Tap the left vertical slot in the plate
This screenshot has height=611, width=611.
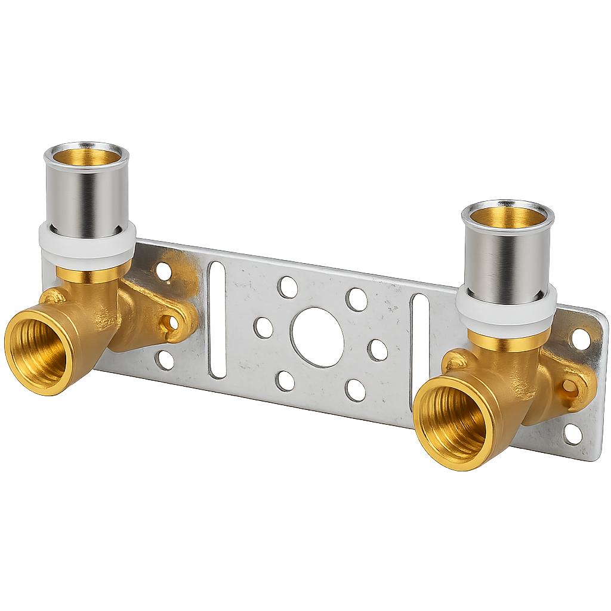click(x=217, y=319)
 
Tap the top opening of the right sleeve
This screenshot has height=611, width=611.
click(x=508, y=215)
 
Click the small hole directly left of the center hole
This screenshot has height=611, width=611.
click(x=263, y=328)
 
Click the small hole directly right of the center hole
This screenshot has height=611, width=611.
click(x=377, y=350)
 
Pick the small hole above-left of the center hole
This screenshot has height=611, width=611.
click(x=287, y=288)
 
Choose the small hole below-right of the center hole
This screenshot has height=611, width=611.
click(x=355, y=390)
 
